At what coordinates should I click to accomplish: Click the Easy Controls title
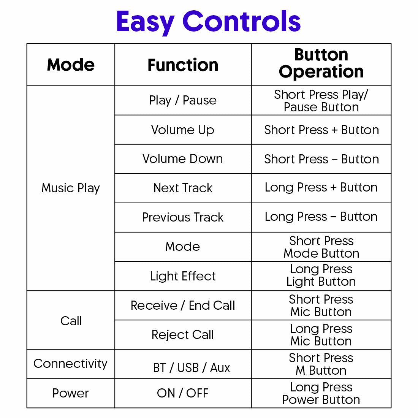point(209,22)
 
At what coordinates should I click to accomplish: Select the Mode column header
point(71,65)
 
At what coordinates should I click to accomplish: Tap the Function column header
point(183,65)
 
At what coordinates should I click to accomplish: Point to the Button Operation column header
point(321,63)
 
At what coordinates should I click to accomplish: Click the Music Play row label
point(71,188)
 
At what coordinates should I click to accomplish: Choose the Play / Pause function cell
point(183,100)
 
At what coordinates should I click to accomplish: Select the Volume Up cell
point(183,130)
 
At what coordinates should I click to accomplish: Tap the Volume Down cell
point(183,159)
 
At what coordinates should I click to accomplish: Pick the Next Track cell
point(183,188)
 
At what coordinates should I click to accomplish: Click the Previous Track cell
point(183,217)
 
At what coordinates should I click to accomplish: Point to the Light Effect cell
point(183,276)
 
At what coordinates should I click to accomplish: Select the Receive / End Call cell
point(183,305)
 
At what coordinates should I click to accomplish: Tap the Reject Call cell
point(183,335)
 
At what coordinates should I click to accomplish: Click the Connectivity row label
point(70,364)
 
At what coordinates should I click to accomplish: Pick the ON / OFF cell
point(183,393)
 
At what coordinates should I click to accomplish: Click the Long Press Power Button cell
point(321,393)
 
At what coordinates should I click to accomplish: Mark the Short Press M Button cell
point(321,364)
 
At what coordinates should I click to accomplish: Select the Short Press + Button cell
point(321,130)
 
